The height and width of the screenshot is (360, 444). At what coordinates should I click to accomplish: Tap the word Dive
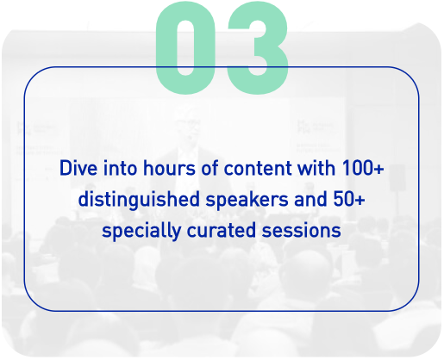click(x=78, y=168)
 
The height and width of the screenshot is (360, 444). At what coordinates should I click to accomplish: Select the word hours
click(x=169, y=168)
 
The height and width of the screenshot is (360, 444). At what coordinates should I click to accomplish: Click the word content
click(x=258, y=168)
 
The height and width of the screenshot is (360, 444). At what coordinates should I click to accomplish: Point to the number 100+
click(x=363, y=168)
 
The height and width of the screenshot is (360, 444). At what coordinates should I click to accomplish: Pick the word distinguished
click(x=139, y=199)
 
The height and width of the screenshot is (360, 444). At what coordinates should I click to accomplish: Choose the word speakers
click(x=247, y=199)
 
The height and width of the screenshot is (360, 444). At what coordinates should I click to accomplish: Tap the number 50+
click(x=349, y=199)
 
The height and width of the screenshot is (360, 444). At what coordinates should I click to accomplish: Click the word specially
click(x=141, y=231)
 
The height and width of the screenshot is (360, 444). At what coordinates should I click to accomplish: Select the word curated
click(x=222, y=230)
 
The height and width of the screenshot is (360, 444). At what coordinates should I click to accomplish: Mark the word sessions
click(x=301, y=231)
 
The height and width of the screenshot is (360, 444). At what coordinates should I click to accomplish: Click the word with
click(x=316, y=168)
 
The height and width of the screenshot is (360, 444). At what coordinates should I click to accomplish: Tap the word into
click(x=120, y=168)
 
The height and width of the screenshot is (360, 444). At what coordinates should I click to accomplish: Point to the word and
click(x=310, y=199)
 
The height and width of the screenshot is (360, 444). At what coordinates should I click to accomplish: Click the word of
click(x=209, y=168)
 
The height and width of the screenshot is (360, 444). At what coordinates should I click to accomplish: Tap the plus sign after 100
click(x=379, y=169)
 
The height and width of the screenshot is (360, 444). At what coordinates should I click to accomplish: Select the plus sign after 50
click(x=360, y=200)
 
